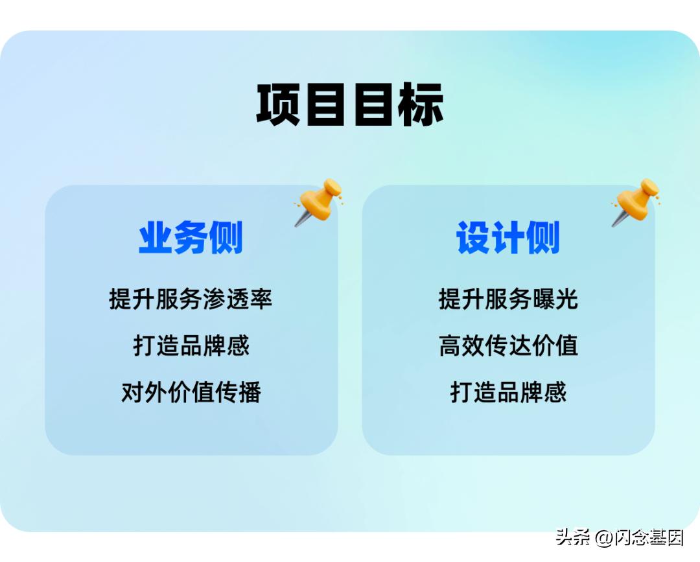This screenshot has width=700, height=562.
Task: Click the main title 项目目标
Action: click(x=350, y=104)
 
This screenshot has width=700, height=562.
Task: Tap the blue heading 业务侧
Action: click(x=191, y=238)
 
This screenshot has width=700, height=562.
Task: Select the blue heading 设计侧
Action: click(x=508, y=238)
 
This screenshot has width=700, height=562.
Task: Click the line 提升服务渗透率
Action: click(x=191, y=299)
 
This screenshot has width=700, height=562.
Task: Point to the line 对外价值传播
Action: click(x=191, y=392)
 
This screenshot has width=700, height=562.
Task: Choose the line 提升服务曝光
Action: click(x=508, y=299)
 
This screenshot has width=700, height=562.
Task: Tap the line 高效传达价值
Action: click(x=508, y=345)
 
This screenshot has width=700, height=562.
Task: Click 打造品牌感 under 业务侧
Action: click(x=191, y=345)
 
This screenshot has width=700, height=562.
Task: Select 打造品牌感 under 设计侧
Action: click(x=508, y=392)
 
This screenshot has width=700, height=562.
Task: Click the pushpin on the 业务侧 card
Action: click(x=319, y=202)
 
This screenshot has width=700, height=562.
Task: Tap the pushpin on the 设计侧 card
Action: click(x=636, y=202)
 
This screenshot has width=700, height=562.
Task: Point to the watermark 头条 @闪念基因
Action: click(x=620, y=537)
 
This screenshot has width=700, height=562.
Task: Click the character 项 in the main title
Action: click(x=279, y=104)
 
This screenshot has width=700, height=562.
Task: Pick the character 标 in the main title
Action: click(x=421, y=104)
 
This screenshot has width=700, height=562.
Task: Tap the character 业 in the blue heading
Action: click(x=156, y=238)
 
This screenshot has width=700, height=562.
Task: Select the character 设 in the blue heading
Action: click(x=474, y=238)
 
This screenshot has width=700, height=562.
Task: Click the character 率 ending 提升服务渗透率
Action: click(x=261, y=299)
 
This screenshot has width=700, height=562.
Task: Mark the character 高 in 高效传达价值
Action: click(x=450, y=345)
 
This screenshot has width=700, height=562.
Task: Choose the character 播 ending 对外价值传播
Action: click(x=249, y=392)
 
